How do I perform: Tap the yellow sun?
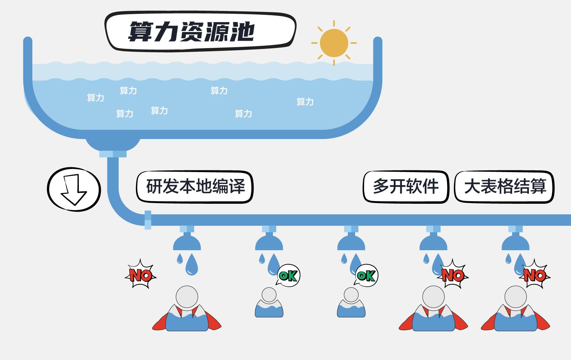pos(334,43)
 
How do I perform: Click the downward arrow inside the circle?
pos(74,190)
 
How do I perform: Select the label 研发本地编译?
pos(195,187)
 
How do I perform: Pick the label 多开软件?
pos(406,187)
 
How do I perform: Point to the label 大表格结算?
pos(505,187)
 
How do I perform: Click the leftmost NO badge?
pos(140,275)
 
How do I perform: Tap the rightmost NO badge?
pos(535,275)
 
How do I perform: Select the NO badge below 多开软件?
pos(453,275)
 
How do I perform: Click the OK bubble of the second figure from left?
pos(288,275)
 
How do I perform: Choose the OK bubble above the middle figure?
pos(366,275)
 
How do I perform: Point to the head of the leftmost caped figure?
pos(187,296)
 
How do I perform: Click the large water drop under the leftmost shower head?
pos(192,266)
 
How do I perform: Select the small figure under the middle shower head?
pos(351,303)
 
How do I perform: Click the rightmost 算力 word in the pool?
pos(305,102)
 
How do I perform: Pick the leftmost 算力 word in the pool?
pos(95,98)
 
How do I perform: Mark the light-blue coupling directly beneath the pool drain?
pos(113,154)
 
